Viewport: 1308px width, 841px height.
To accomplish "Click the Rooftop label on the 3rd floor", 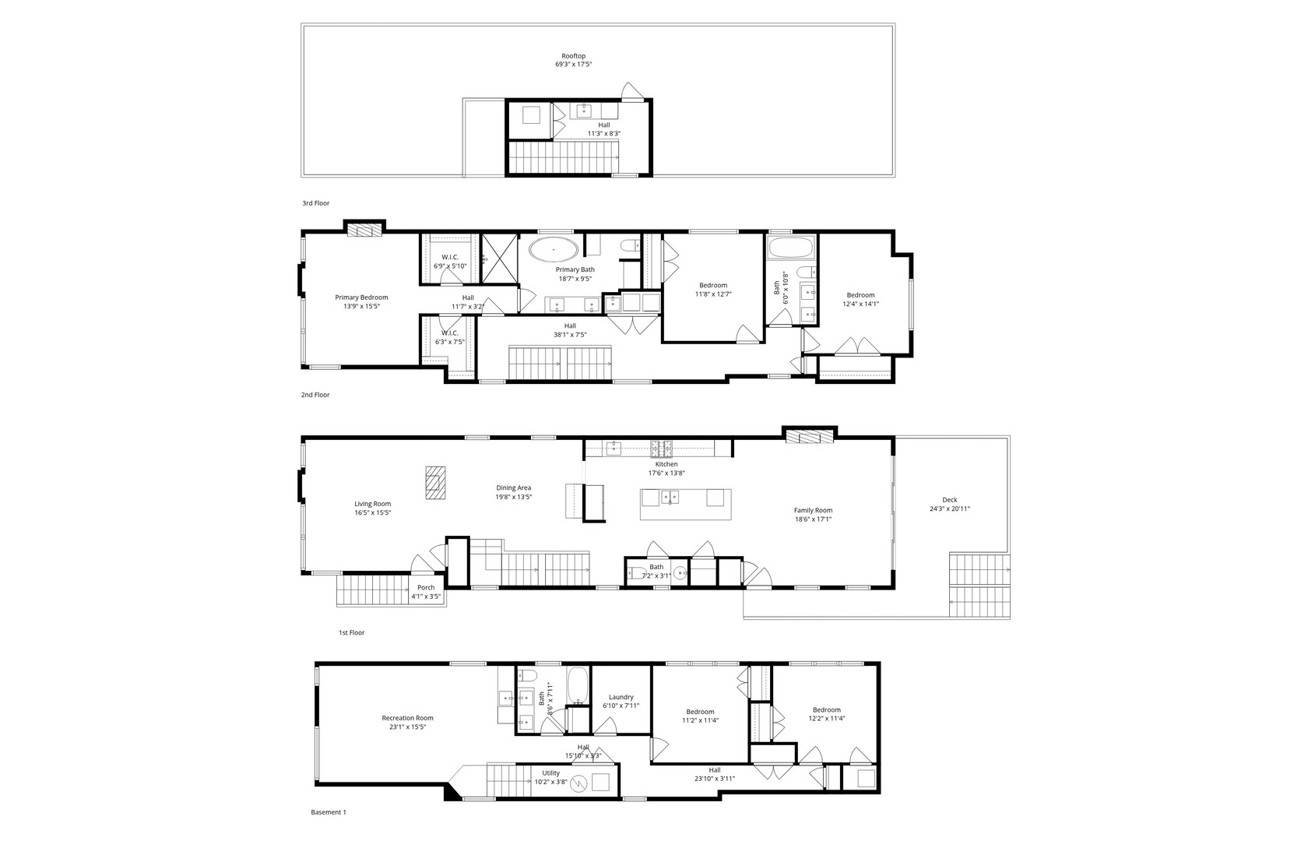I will [x=574, y=56].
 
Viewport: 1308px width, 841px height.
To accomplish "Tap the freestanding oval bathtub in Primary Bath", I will [x=554, y=250].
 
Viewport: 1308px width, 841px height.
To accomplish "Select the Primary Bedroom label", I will [x=361, y=297].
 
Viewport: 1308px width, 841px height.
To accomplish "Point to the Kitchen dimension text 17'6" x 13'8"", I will [x=666, y=473].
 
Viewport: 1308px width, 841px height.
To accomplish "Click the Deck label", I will [x=950, y=500].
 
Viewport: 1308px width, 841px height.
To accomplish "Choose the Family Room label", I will [x=813, y=510].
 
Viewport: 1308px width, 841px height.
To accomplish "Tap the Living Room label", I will [x=372, y=504].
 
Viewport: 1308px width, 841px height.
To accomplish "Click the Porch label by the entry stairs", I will [x=426, y=587].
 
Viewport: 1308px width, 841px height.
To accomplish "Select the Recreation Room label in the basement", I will [x=407, y=718].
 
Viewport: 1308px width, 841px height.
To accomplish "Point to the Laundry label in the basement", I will [x=621, y=697].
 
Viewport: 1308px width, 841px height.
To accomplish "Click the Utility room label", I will [x=551, y=773].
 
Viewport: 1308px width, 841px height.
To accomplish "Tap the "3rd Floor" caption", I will [x=316, y=203].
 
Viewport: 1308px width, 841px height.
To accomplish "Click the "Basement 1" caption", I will [x=328, y=812].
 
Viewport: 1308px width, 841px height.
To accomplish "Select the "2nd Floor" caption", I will [x=315, y=395].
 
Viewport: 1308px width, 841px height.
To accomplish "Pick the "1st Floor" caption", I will [x=351, y=633].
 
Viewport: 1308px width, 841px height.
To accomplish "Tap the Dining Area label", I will [x=514, y=488].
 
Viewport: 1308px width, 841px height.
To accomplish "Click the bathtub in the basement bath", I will [x=578, y=686].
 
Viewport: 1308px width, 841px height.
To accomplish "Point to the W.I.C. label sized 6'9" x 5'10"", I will [x=450, y=257].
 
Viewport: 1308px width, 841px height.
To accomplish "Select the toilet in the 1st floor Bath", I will [x=636, y=575].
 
